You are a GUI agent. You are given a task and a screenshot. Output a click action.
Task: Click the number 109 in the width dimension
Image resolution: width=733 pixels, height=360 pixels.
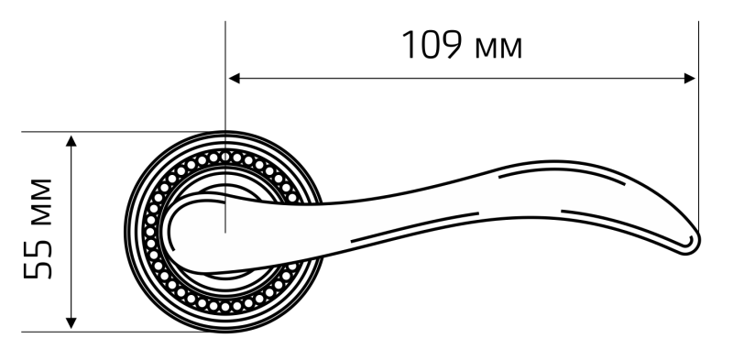432,44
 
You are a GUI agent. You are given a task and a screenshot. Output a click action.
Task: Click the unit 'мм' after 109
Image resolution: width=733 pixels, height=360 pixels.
498,49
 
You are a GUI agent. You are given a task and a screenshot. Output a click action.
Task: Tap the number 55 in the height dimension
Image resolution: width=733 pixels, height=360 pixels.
38,258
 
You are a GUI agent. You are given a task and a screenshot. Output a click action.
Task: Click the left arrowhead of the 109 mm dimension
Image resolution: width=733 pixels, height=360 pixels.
234,78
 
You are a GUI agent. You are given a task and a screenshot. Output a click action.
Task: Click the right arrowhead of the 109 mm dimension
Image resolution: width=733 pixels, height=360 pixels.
690,78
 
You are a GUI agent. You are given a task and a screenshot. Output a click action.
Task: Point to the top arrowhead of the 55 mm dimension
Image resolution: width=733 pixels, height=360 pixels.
71,141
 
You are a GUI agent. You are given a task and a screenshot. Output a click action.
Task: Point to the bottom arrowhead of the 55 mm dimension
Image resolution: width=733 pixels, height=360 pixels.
71,322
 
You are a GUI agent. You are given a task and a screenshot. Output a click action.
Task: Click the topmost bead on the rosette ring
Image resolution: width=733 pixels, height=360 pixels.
225,157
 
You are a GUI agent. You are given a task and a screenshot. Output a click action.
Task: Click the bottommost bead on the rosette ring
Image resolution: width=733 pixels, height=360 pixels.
225,307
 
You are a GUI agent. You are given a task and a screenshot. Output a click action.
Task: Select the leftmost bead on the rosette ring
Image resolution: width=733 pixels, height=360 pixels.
150,232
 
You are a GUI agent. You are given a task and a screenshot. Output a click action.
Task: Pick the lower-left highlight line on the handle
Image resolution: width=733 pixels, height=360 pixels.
414,227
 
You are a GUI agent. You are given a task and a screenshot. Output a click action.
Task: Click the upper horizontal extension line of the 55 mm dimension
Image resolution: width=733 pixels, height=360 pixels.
124,132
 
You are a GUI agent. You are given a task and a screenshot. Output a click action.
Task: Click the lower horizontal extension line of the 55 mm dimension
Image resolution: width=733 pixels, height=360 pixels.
124,332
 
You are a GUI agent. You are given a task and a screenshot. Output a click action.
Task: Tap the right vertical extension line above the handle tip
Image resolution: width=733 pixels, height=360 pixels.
698,126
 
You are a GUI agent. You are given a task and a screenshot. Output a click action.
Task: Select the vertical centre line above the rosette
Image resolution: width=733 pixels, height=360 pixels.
225,126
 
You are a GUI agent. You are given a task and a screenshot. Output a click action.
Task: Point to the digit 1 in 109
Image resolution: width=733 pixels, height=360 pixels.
409,45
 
